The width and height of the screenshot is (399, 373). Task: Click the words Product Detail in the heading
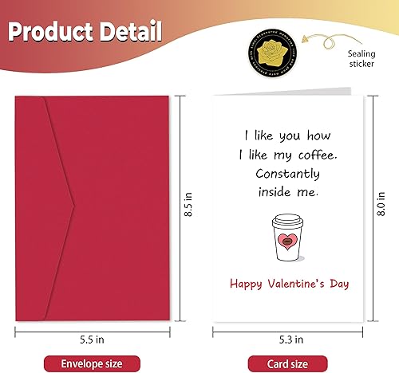pos(85,33)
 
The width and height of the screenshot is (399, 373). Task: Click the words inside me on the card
pos(289,191)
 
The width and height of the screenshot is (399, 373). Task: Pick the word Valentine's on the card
pos(293,283)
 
